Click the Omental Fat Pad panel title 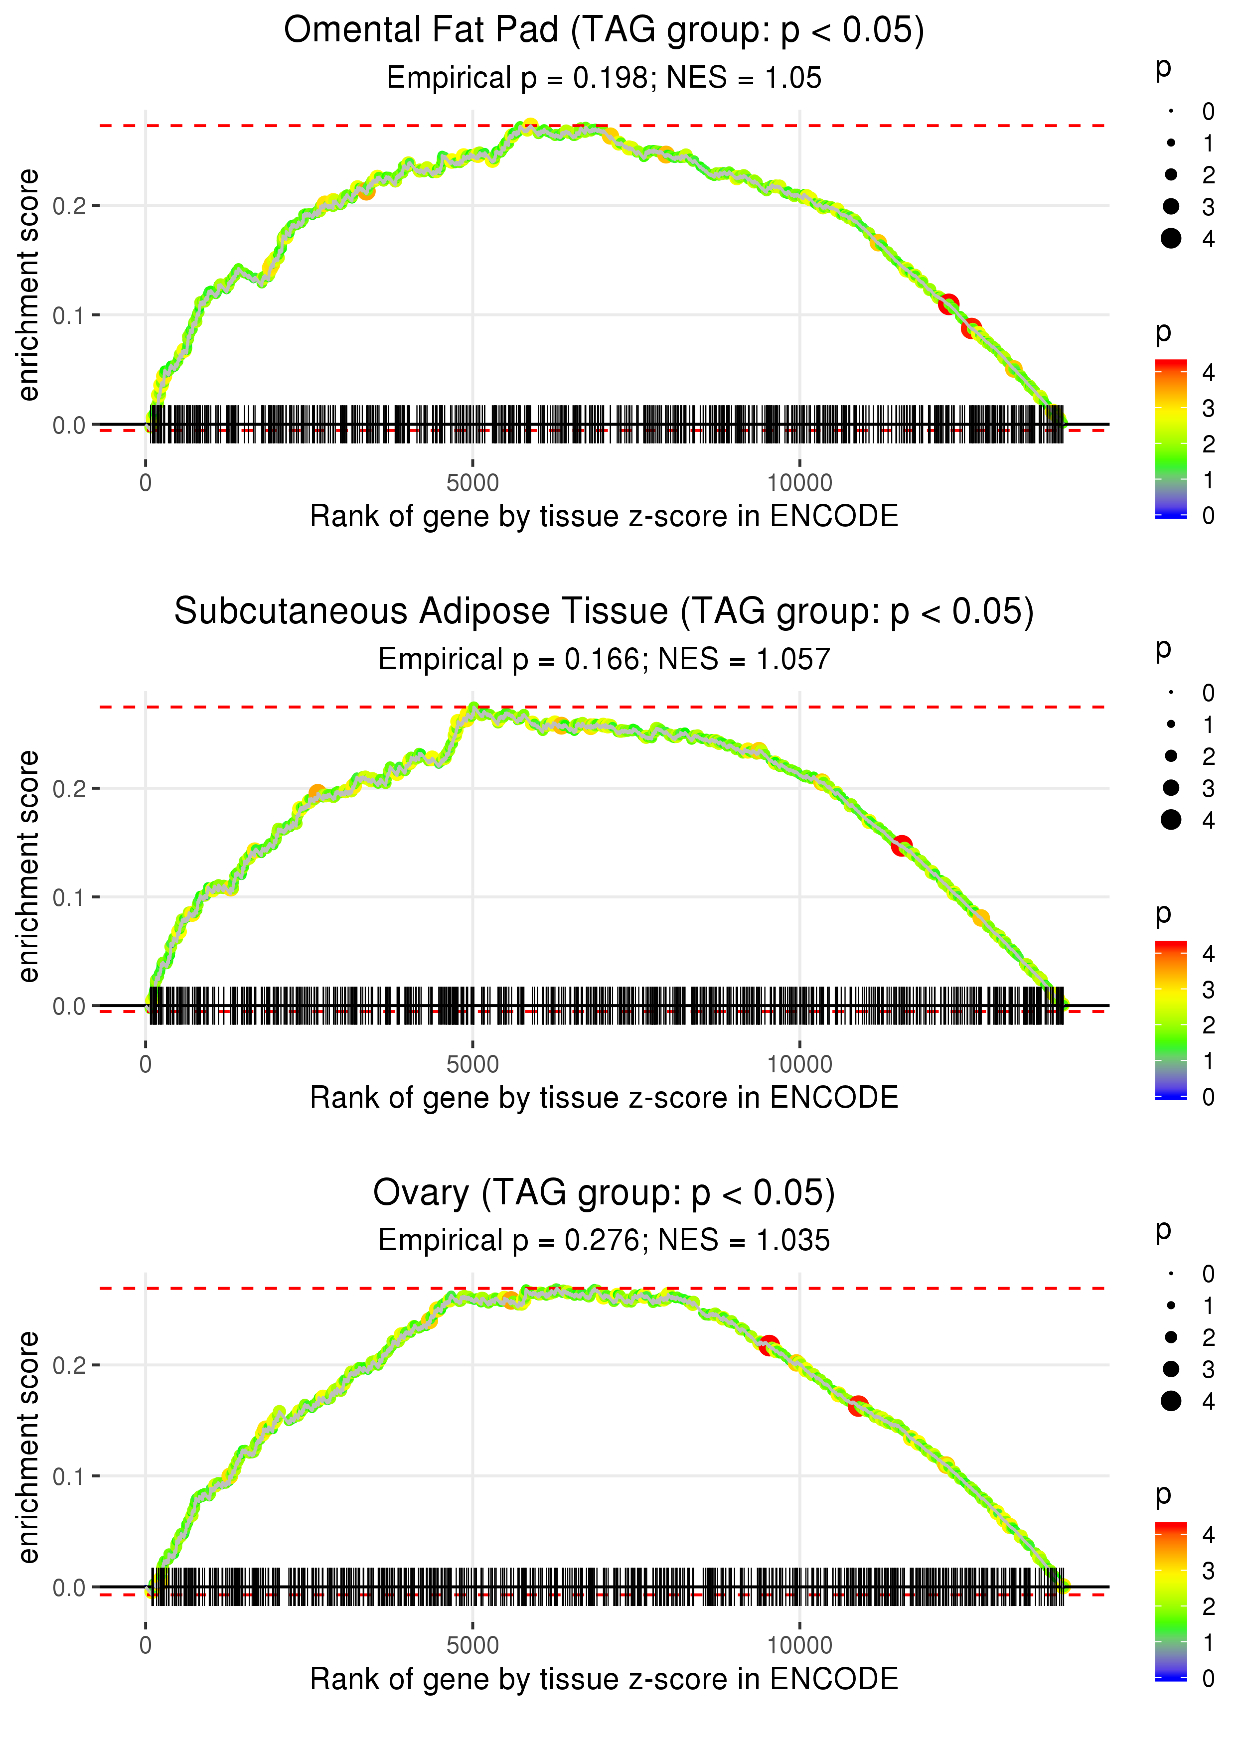point(604,31)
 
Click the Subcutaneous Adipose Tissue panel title point(604,612)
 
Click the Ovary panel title point(604,1193)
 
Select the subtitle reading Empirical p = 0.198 point(604,78)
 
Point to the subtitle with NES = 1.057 point(604,660)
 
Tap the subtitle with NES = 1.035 point(604,1241)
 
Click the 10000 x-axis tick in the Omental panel point(799,483)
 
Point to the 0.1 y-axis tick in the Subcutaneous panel point(69,897)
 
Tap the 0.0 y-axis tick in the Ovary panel point(69,1588)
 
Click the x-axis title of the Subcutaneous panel point(604,1098)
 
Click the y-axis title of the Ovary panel point(28,1448)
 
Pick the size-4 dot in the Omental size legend point(1171,239)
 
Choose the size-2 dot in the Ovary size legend point(1171,1337)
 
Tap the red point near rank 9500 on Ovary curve point(769,1345)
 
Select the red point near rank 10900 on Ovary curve point(858,1406)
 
